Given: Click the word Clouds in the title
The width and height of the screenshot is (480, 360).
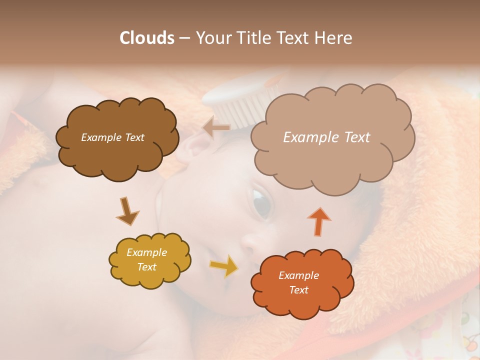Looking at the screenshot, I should point(147,38).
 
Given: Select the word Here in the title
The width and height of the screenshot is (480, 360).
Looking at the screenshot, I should point(333,38).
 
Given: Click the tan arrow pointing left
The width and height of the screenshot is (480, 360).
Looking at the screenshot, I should point(215,128).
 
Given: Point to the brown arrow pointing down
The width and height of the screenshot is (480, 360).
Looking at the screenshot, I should point(127,211).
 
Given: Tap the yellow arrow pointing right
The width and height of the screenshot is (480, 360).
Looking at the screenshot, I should point(224,265).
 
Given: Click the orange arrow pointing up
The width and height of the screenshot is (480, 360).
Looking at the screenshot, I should point(319,221).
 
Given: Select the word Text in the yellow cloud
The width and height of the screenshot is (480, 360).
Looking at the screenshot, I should point(147,267).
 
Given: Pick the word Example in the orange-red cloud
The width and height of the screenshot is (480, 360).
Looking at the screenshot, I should point(298,275).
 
